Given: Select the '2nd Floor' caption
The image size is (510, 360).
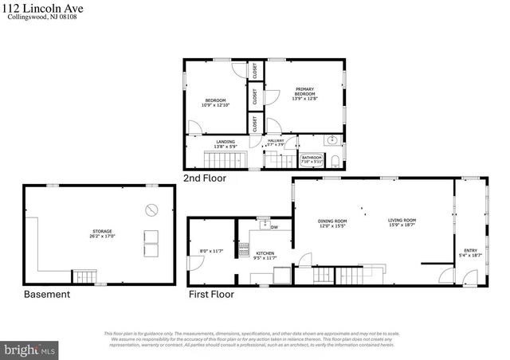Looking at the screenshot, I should pyautogui.click(x=204, y=178).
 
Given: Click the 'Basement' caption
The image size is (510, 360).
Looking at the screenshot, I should pyautogui.click(x=46, y=294).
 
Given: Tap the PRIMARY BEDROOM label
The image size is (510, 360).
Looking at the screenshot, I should pyautogui.click(x=304, y=93).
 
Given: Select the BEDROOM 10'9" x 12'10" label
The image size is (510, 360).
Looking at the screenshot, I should pyautogui.click(x=215, y=102).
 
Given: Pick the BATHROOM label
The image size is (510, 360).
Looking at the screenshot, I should pyautogui.click(x=311, y=159).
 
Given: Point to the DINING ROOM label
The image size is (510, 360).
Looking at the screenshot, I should pyautogui.click(x=332, y=224).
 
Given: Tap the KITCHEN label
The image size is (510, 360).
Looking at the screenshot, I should pyautogui.click(x=264, y=256).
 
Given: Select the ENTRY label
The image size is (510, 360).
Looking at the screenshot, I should pyautogui.click(x=469, y=252).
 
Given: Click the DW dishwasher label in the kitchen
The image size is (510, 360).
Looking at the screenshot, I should pyautogui.click(x=274, y=228).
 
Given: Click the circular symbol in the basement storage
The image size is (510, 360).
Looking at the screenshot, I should pyautogui.click(x=151, y=210).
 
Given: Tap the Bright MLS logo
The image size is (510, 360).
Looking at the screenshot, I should pyautogui.click(x=29, y=349).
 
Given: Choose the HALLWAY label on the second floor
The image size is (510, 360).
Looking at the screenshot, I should pyautogui.click(x=276, y=141).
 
